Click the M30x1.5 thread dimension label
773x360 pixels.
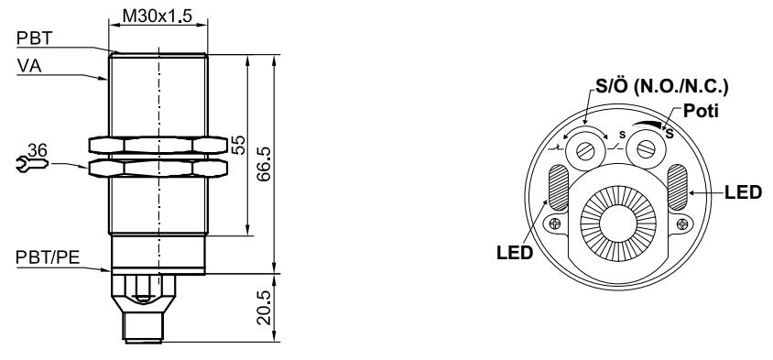158,16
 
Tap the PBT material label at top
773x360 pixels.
35,38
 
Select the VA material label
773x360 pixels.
29,66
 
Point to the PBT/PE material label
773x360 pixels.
48,256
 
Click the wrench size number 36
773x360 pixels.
38,150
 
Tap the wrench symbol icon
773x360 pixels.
32,164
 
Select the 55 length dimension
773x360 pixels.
238,145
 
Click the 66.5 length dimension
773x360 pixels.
265,164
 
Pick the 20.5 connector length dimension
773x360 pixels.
265,307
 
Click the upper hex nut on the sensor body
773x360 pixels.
158,145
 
